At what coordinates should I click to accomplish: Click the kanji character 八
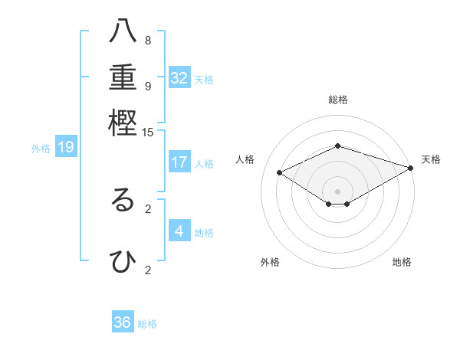[x=123, y=33]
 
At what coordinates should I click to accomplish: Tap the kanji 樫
[x=123, y=123]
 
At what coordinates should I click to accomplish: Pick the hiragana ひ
[x=123, y=262]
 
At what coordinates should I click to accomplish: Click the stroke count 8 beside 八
[x=148, y=40]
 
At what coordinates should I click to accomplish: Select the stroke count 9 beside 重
[x=148, y=86]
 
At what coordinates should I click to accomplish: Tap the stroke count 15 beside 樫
[x=148, y=132]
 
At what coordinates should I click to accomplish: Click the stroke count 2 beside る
[x=148, y=208]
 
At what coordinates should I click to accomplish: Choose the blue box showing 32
[x=179, y=78]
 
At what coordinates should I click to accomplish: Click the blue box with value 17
[x=179, y=162]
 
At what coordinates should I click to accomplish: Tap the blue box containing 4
[x=179, y=231]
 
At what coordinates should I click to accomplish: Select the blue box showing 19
[x=66, y=147]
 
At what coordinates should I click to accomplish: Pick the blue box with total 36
[x=123, y=322]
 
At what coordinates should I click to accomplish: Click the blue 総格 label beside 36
[x=147, y=324]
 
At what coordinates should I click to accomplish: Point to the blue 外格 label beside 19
[x=41, y=149]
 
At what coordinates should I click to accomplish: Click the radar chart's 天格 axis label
[x=431, y=159]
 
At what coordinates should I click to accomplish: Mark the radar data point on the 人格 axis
[x=280, y=173]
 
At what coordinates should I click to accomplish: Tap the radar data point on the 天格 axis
[x=411, y=168]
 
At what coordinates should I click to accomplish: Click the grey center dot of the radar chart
[x=338, y=191]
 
